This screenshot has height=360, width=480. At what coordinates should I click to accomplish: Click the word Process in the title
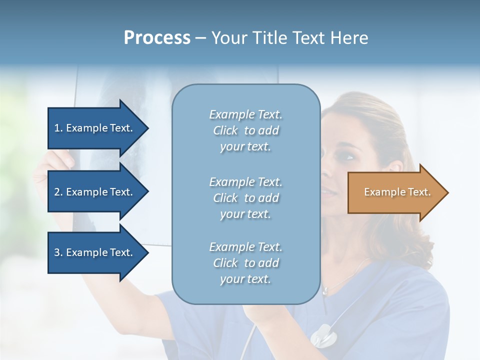(157, 38)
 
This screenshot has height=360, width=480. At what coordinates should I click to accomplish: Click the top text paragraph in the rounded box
(245, 130)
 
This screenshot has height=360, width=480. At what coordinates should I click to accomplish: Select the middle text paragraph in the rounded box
(245, 198)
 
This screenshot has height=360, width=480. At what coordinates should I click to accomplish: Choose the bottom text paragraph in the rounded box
(245, 263)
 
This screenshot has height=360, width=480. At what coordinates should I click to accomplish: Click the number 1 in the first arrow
(57, 128)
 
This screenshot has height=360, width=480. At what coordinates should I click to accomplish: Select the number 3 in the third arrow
(57, 252)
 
